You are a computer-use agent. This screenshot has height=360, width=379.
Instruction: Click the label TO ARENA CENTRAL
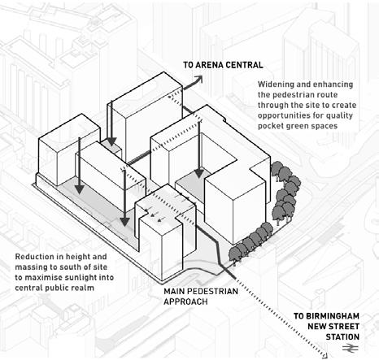click(x=223, y=65)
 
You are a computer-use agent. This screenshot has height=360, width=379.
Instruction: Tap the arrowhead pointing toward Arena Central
click(x=199, y=79)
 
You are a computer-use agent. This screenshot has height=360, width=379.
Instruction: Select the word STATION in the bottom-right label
click(x=342, y=337)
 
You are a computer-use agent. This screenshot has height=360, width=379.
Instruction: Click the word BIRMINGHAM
click(x=326, y=316)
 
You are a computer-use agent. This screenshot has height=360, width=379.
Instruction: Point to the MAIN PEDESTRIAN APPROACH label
click(x=201, y=297)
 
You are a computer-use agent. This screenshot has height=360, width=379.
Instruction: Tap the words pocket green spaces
click(x=298, y=126)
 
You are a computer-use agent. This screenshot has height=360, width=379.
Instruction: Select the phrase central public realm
click(x=54, y=288)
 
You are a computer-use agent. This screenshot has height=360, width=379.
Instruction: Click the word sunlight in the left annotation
click(x=76, y=278)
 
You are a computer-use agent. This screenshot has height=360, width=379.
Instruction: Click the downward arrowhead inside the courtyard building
click(x=199, y=173)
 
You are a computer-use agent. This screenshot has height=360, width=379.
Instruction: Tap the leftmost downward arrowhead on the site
click(x=79, y=189)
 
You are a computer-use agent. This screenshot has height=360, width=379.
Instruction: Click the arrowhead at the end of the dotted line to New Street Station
click(x=326, y=354)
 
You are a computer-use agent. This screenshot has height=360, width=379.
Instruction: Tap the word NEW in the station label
click(x=315, y=327)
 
